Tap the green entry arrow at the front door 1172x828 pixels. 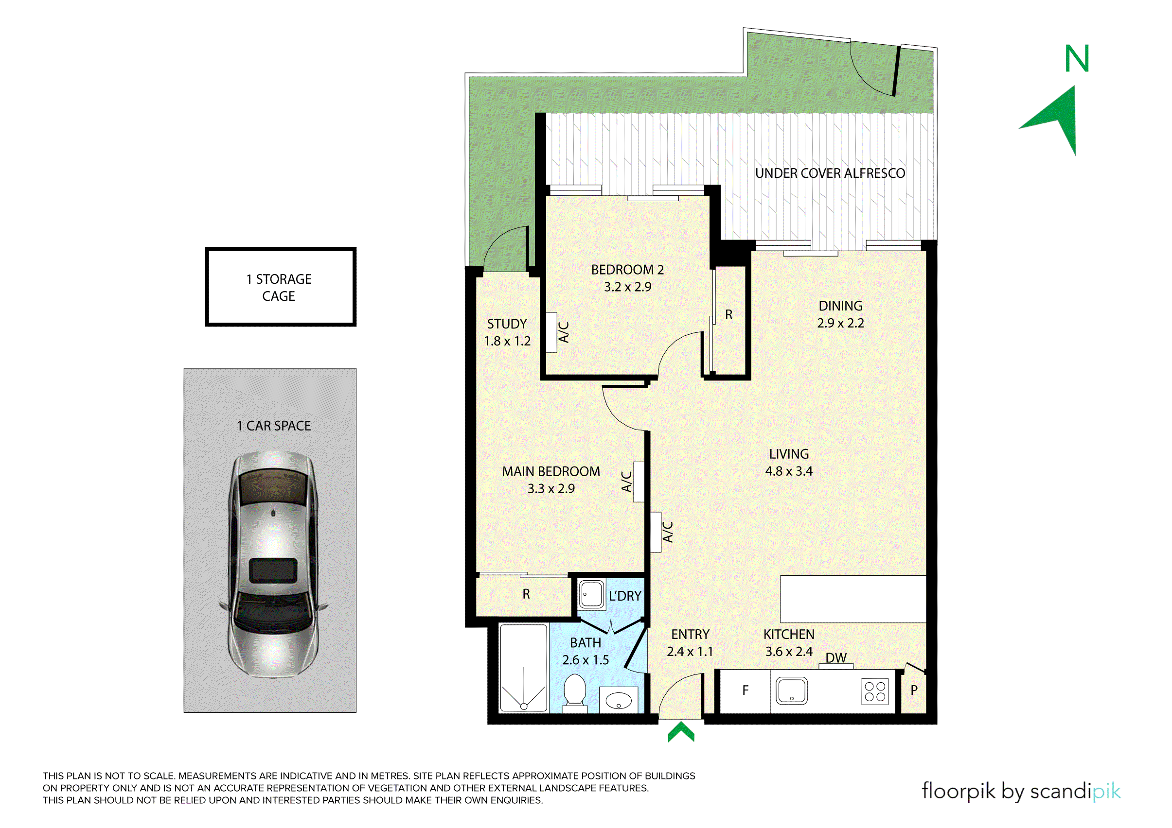pyautogui.click(x=681, y=732)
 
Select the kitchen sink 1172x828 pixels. pyautogui.click(x=791, y=691)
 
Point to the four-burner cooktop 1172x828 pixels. pyautogui.click(x=875, y=691)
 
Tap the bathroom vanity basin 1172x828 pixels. pyautogui.click(x=618, y=699)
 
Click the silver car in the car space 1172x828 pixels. pyautogui.click(x=273, y=564)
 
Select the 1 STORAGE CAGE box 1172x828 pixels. pyautogui.click(x=281, y=287)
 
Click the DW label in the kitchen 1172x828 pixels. pyautogui.click(x=836, y=657)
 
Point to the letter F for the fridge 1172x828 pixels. pyautogui.click(x=745, y=690)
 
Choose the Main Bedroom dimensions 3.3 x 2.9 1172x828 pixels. pyautogui.click(x=551, y=489)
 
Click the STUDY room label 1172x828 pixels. pyautogui.click(x=507, y=324)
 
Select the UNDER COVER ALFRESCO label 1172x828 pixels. pyautogui.click(x=830, y=173)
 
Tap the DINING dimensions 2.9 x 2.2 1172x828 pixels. pyautogui.click(x=841, y=323)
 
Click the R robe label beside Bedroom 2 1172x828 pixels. pyautogui.click(x=729, y=315)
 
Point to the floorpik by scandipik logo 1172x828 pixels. pyautogui.click(x=1021, y=791)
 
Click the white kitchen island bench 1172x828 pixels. pyautogui.click(x=853, y=600)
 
